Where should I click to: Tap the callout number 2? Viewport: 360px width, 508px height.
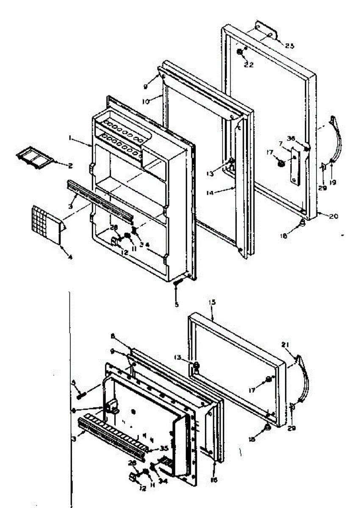70,166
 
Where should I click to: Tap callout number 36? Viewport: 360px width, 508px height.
302,138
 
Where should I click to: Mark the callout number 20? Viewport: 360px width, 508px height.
333,216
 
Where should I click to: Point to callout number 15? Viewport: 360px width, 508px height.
212,303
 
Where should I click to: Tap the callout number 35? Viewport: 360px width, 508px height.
164,448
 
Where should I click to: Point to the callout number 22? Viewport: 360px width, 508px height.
249,65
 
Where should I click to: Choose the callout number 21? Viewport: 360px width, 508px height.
285,345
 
